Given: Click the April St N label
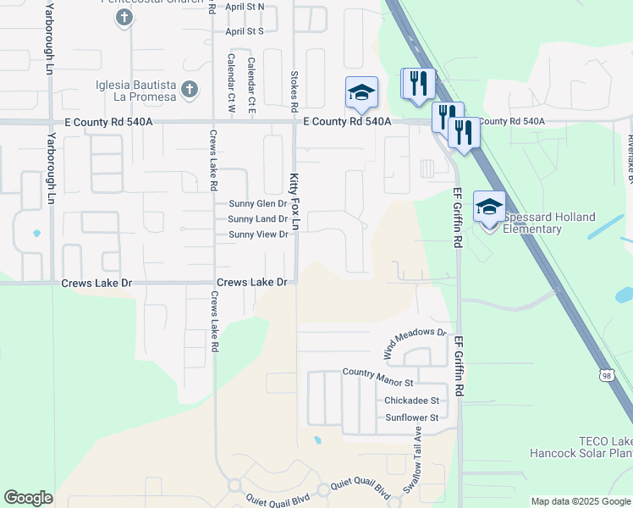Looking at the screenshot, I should coord(245,6).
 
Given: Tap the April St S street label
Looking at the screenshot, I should coord(245,30).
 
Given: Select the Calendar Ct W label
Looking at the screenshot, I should coord(231,83).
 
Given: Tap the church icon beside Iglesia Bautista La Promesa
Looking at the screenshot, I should coord(190,88).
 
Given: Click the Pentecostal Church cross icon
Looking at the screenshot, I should coord(124,17).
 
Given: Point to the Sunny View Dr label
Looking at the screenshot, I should coord(259,235).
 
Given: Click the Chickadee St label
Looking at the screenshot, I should coord(412,400).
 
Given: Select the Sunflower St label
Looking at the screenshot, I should coord(412,417).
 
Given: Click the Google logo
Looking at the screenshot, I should coord(28,497).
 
